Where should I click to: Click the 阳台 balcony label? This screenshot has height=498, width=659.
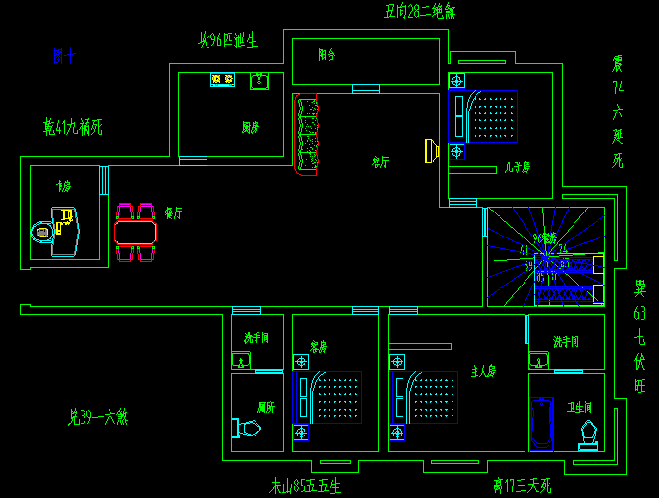327,56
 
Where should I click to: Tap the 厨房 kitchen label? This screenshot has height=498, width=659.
250,127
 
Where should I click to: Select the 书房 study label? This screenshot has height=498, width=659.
63,187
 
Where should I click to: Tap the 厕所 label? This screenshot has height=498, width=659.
266,408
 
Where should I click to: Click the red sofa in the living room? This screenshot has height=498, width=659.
306,136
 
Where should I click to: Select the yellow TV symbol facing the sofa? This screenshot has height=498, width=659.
431,150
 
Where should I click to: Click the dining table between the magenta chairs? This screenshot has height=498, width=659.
135,232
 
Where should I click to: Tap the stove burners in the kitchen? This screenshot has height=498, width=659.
223,80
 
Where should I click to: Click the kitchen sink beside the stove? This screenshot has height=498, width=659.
258,81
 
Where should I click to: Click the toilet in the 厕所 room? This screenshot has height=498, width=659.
246,428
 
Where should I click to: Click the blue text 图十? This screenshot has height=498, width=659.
63,57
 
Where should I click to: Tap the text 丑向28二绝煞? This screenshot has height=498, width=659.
420,12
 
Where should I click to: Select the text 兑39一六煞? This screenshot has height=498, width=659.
98,417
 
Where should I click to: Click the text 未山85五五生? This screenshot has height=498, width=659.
305,486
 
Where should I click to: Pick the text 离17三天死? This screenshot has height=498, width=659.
522,486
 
